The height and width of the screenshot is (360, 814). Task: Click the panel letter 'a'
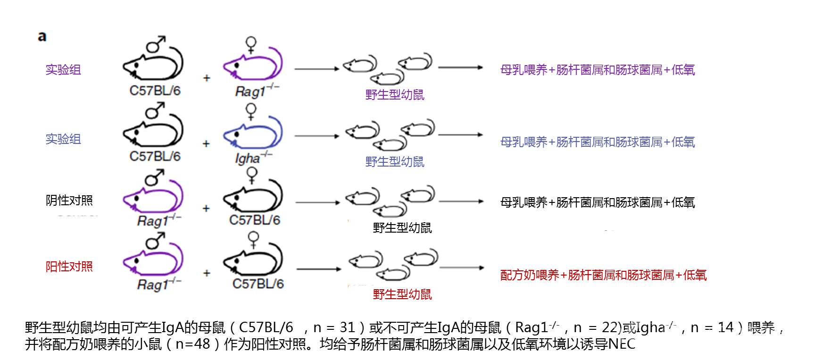pos(42,37)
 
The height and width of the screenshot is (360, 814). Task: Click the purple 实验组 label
pos(63,70)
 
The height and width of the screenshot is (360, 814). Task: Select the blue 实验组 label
pos(63,139)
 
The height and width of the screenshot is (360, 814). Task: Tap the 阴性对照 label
pos(69,201)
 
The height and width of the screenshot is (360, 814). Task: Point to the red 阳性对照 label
pos(69,267)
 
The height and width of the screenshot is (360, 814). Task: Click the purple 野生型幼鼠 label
pos(395,95)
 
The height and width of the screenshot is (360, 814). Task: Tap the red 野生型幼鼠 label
pos(402,294)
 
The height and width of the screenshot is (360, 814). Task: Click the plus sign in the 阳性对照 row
pos(207,273)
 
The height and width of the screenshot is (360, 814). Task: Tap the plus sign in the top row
pos(207,78)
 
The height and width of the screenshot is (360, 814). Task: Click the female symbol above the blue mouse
pos(251,112)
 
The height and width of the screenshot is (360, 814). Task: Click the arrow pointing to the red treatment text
pos(462,268)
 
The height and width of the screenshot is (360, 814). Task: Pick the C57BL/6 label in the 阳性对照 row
pos(258,284)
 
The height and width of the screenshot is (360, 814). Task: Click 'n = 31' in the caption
pos(334,327)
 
